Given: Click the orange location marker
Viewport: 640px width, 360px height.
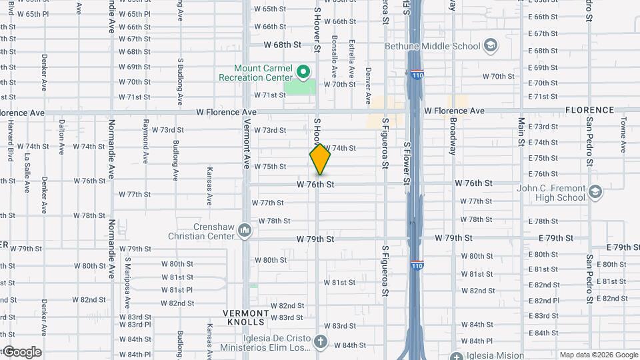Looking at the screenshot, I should tap(320, 159).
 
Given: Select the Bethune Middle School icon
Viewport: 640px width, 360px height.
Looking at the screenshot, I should tap(491, 46).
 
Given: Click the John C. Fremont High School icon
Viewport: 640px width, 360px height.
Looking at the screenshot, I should tap(595, 193).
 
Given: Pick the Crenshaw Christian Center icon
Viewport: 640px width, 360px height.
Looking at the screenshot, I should tap(245, 231).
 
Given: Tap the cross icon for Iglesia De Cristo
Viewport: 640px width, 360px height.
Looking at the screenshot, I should tap(321, 343).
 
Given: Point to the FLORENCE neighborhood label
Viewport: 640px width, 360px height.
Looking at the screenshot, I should tap(589, 110).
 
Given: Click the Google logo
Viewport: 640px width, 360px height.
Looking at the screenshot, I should tap(21, 352).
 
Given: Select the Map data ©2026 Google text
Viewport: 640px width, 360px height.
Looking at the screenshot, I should tap(598, 355).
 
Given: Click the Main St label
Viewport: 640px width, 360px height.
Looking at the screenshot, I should tap(522, 136).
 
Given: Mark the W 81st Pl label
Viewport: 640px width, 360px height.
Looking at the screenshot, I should tap(177, 290).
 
